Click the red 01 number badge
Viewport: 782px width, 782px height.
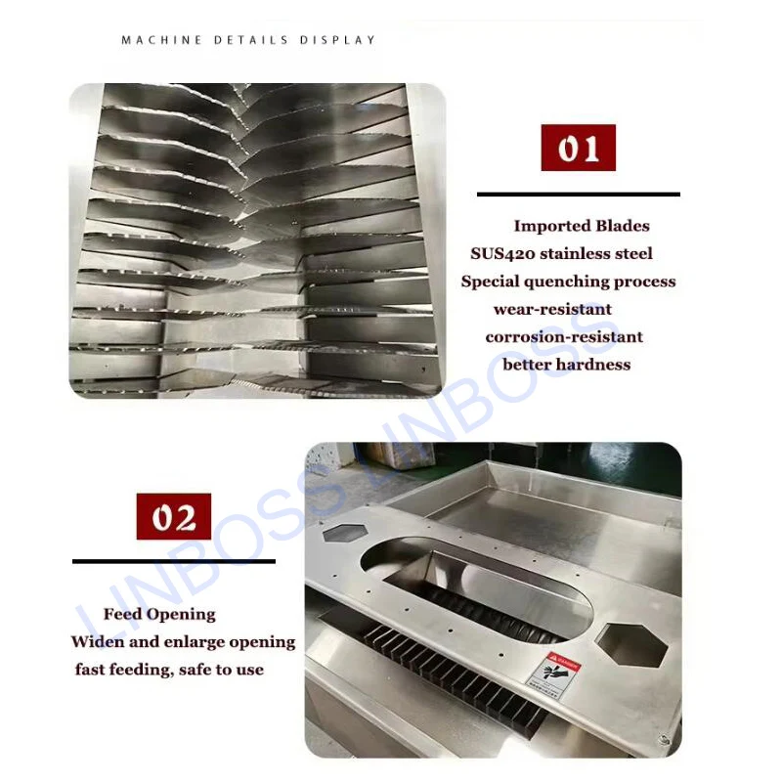click(x=578, y=149)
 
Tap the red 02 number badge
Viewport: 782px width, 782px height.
click(x=173, y=517)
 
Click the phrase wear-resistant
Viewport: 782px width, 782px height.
click(x=552, y=309)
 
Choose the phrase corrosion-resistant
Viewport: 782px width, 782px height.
click(x=564, y=336)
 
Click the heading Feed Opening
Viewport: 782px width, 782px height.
click(x=159, y=614)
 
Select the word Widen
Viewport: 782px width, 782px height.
click(x=96, y=642)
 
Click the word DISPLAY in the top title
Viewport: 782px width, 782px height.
click(x=338, y=40)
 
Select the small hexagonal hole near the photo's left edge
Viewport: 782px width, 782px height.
click(x=342, y=533)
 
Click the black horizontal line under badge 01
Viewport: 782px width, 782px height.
click(x=578, y=195)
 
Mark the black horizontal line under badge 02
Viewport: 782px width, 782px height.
click(x=173, y=561)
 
